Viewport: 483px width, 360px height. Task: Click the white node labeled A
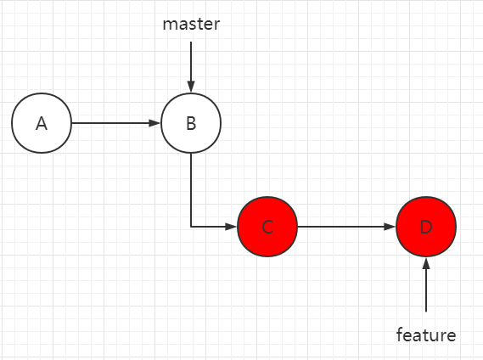click(x=42, y=123)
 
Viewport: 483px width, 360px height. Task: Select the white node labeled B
click(x=191, y=123)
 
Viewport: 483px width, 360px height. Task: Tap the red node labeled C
click(x=267, y=228)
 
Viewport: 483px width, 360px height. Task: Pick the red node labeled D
click(x=426, y=228)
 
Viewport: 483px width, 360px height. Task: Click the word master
click(x=191, y=24)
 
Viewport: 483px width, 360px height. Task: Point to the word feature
click(x=426, y=335)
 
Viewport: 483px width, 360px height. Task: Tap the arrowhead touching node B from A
click(x=156, y=123)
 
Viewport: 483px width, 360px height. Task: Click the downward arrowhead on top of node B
click(x=191, y=87)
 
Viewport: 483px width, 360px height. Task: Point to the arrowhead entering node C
click(x=233, y=228)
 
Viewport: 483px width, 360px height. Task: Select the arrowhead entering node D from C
click(x=391, y=228)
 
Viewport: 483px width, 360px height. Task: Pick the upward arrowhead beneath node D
click(x=426, y=263)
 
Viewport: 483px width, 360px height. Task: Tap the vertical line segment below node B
click(x=191, y=191)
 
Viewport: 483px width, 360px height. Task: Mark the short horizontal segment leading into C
click(x=210, y=228)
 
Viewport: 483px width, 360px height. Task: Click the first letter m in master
click(x=169, y=25)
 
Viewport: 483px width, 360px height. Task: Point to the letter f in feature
click(x=400, y=334)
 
